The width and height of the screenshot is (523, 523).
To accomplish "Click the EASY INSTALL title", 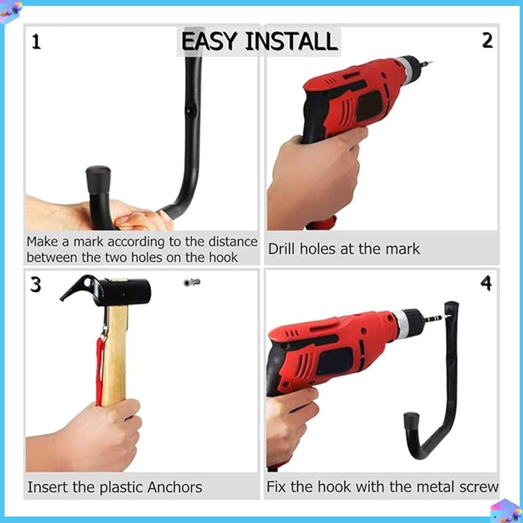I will [259, 41].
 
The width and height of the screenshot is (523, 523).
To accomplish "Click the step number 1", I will [36, 42].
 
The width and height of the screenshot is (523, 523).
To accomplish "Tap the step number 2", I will [487, 41].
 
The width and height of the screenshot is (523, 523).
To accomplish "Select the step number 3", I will [36, 285].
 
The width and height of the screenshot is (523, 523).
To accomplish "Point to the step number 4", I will [486, 284].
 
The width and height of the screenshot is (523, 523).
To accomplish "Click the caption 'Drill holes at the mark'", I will [344, 249].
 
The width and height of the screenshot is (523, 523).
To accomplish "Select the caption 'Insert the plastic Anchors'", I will [114, 488].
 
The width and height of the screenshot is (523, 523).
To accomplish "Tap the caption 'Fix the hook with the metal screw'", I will [382, 487].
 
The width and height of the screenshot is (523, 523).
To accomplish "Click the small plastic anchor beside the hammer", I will [192, 282].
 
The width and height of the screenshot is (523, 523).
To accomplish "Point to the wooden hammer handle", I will [116, 353].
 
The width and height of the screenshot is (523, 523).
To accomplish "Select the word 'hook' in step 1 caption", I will [222, 258].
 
